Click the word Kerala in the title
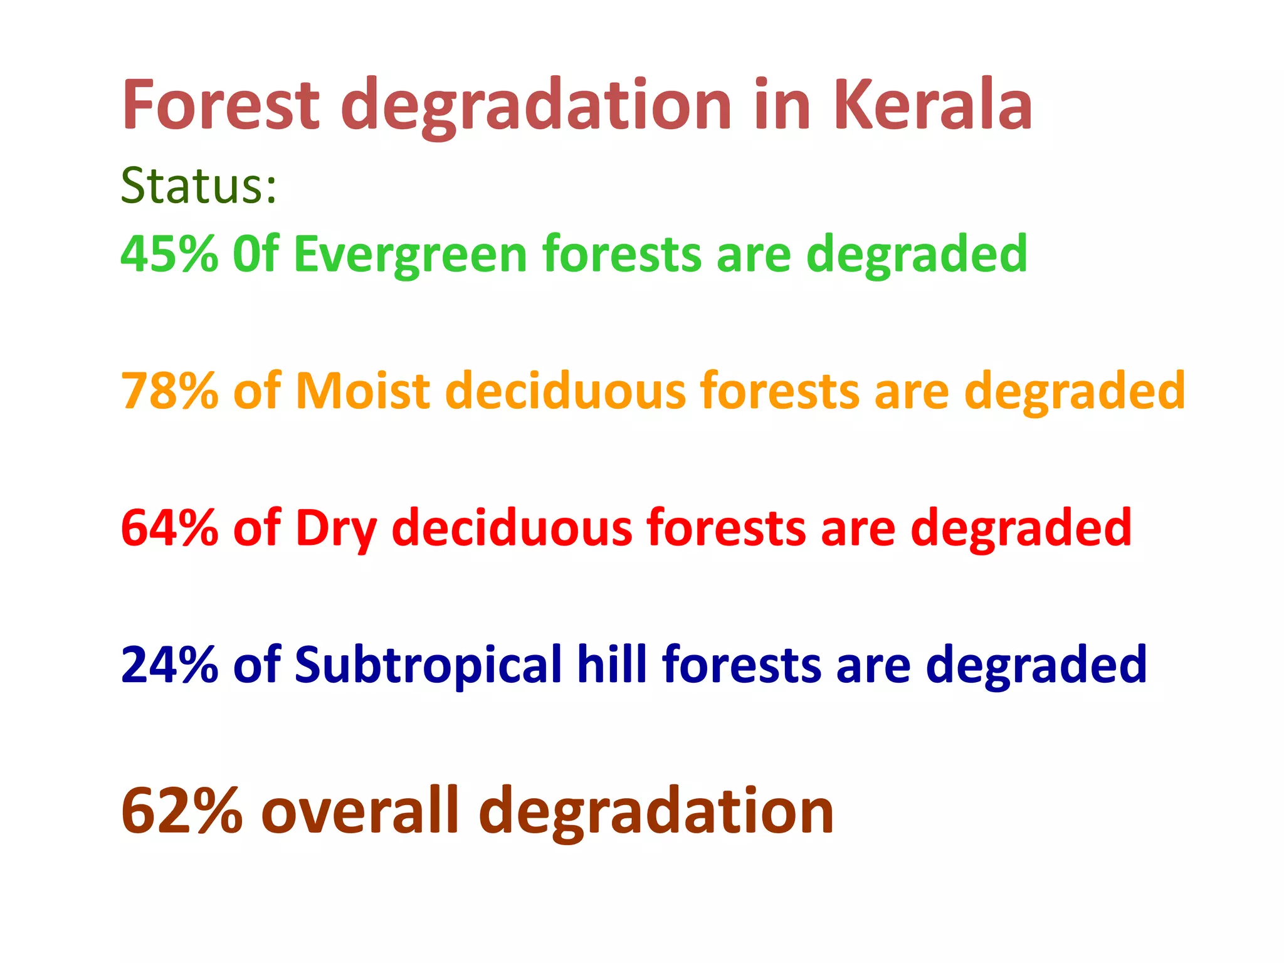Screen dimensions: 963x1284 click(x=932, y=105)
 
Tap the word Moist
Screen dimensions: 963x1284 click(x=363, y=391)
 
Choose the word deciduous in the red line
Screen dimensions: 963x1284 click(x=512, y=528)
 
